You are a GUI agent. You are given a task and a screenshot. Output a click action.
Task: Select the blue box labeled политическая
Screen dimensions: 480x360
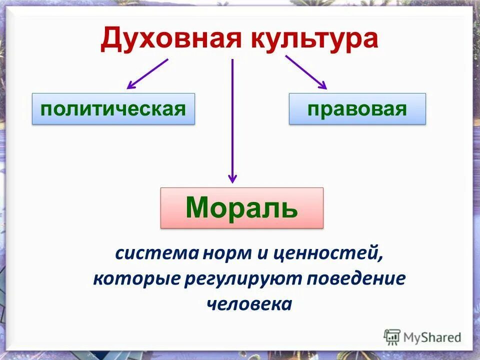[x=113, y=108]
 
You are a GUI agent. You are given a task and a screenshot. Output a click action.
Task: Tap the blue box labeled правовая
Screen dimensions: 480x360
[x=357, y=108]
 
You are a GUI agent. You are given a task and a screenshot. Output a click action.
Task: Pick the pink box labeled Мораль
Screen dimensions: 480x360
[x=241, y=208]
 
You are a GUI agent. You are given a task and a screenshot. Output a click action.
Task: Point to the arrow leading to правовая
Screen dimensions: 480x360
[x=305, y=72]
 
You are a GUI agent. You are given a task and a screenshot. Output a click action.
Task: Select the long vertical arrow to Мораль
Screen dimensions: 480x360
[x=232, y=120]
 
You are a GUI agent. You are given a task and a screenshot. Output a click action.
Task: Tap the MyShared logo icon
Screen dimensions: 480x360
[x=392, y=337]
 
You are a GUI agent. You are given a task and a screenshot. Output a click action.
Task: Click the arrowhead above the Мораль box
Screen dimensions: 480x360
[x=232, y=178]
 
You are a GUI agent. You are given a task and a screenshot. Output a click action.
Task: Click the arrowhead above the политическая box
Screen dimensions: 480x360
[x=131, y=85]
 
